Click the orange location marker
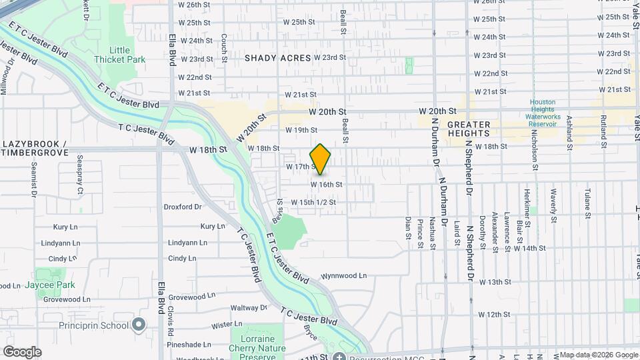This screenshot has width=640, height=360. click(321, 159)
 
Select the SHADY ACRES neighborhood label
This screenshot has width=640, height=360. click(277, 58)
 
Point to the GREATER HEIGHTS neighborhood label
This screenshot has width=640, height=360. click(469, 129)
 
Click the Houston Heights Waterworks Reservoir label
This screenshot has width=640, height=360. click(547, 113)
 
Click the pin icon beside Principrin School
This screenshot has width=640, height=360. click(139, 325)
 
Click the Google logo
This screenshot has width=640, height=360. click(22, 351)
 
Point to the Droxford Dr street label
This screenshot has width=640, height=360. click(183, 207)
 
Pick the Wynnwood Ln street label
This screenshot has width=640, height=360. click(344, 275)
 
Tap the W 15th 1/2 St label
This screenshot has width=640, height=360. click(313, 202)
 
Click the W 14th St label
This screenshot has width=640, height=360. click(529, 248)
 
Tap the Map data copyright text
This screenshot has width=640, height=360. click(598, 355)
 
